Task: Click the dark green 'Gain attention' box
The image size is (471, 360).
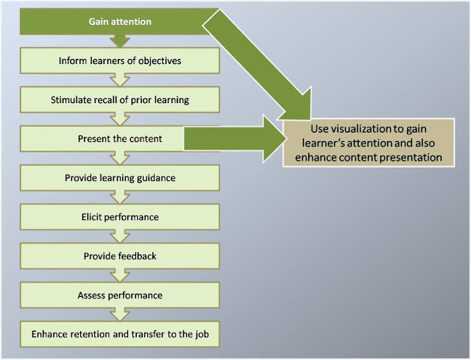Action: pos(114,21)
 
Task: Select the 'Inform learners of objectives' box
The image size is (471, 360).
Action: pos(120,60)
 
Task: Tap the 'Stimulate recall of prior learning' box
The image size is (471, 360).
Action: pos(120,100)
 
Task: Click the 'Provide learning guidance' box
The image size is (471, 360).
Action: pos(120,178)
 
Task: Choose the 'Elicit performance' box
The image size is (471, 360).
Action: pos(120,217)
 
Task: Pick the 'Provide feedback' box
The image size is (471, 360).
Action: pos(120,256)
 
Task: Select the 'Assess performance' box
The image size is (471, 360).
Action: pos(120,295)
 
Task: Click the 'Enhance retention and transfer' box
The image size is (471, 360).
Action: pos(120,334)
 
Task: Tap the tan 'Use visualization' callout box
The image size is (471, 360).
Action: pos(368,143)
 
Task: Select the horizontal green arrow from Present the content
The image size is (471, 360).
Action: pos(234,138)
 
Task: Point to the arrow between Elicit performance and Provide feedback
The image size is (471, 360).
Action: pos(120,236)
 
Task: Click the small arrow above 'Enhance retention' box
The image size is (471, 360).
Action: pos(120,314)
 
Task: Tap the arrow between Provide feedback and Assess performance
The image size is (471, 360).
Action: pos(120,275)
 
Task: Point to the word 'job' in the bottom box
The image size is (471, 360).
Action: pos(202,334)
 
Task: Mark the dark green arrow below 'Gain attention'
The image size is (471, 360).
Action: pos(120,41)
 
